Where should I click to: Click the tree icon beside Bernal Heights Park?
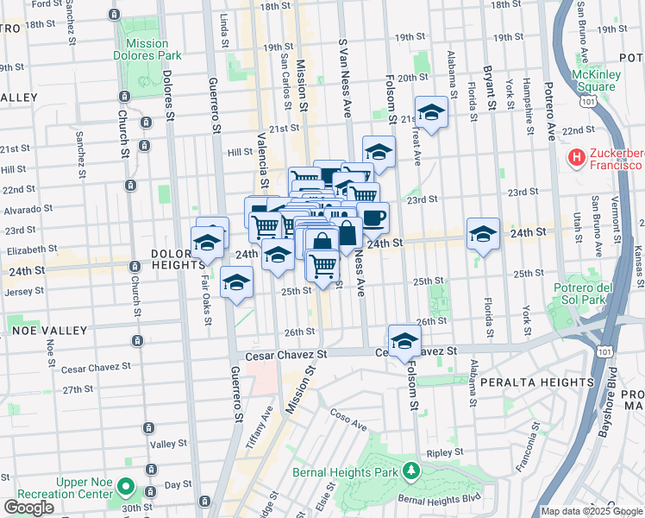tap(412, 471)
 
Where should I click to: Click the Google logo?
tap(28, 508)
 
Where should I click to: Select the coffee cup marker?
tap(373, 218)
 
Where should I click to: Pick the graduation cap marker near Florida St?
tap(484, 234)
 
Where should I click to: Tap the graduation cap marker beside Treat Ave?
tap(431, 112)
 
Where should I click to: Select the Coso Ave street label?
tap(348, 420)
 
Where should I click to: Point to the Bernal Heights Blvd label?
tap(438, 500)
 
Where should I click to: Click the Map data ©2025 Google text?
tap(591, 511)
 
